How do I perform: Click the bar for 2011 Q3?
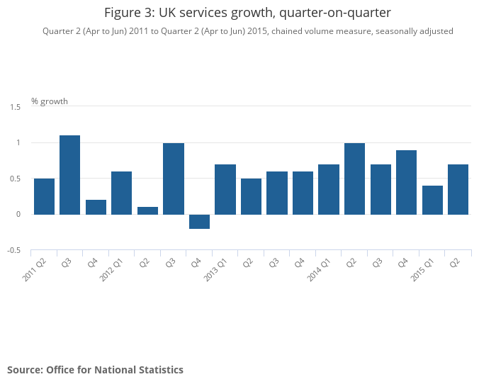click(69, 174)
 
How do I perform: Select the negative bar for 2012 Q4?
click(199, 221)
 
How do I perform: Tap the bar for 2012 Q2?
click(147, 210)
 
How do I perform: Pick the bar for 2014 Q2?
click(354, 179)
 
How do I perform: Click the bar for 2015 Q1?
click(432, 200)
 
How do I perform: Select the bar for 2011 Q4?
click(96, 207)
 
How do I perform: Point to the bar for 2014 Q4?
click(406, 182)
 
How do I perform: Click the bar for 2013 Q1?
click(225, 189)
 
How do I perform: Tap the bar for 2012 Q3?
click(174, 179)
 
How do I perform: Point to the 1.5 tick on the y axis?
click(16, 107)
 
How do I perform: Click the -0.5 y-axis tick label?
click(14, 250)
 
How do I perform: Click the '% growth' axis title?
click(50, 101)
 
